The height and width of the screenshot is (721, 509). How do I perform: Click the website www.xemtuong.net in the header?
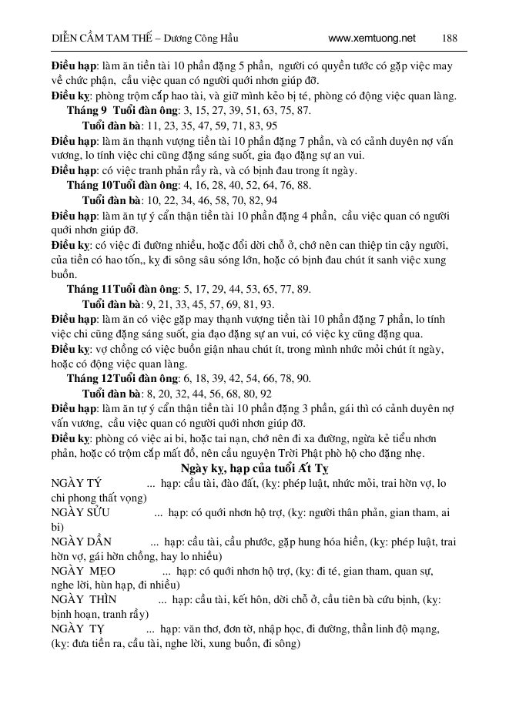[371, 37]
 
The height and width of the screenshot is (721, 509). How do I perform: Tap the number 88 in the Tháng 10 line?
[303, 185]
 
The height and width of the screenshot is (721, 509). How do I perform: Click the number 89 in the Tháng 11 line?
[303, 289]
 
